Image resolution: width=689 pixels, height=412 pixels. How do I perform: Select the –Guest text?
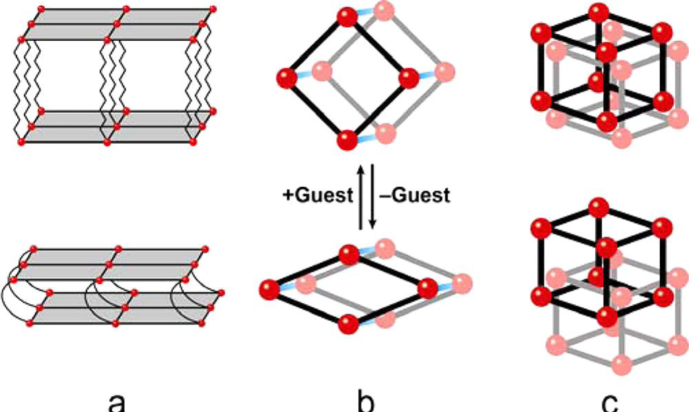click(x=411, y=196)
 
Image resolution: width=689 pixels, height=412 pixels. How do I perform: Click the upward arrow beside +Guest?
click(x=361, y=199)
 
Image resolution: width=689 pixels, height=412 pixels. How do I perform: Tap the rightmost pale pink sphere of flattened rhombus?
click(x=460, y=281)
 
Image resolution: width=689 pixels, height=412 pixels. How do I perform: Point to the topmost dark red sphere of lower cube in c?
click(x=597, y=205)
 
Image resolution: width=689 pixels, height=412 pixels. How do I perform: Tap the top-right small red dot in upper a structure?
click(x=213, y=9)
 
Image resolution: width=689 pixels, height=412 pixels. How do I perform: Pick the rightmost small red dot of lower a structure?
click(x=222, y=294)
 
